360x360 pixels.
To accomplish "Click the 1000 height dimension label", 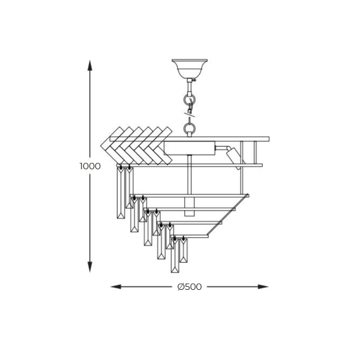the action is pyautogui.click(x=90, y=166).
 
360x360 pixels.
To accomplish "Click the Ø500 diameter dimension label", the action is pyautogui.click(x=189, y=287).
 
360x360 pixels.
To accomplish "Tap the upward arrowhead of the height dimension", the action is pyautogui.click(x=90, y=66).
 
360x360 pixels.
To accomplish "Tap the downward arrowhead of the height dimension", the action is pyautogui.click(x=90, y=267).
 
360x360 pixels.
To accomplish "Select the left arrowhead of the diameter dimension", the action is pyautogui.click(x=116, y=287).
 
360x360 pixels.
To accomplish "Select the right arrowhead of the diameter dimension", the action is pyautogui.click(x=263, y=287).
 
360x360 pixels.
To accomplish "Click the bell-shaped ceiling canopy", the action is pyautogui.click(x=189, y=68).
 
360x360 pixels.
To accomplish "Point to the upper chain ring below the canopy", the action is pyautogui.click(x=189, y=99).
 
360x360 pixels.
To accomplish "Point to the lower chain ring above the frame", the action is pyautogui.click(x=189, y=127).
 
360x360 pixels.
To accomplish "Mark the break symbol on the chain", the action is pyautogui.click(x=189, y=114).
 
